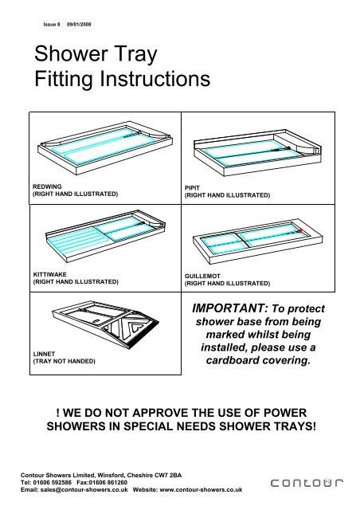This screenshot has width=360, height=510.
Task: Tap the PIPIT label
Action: pos(194,187)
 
